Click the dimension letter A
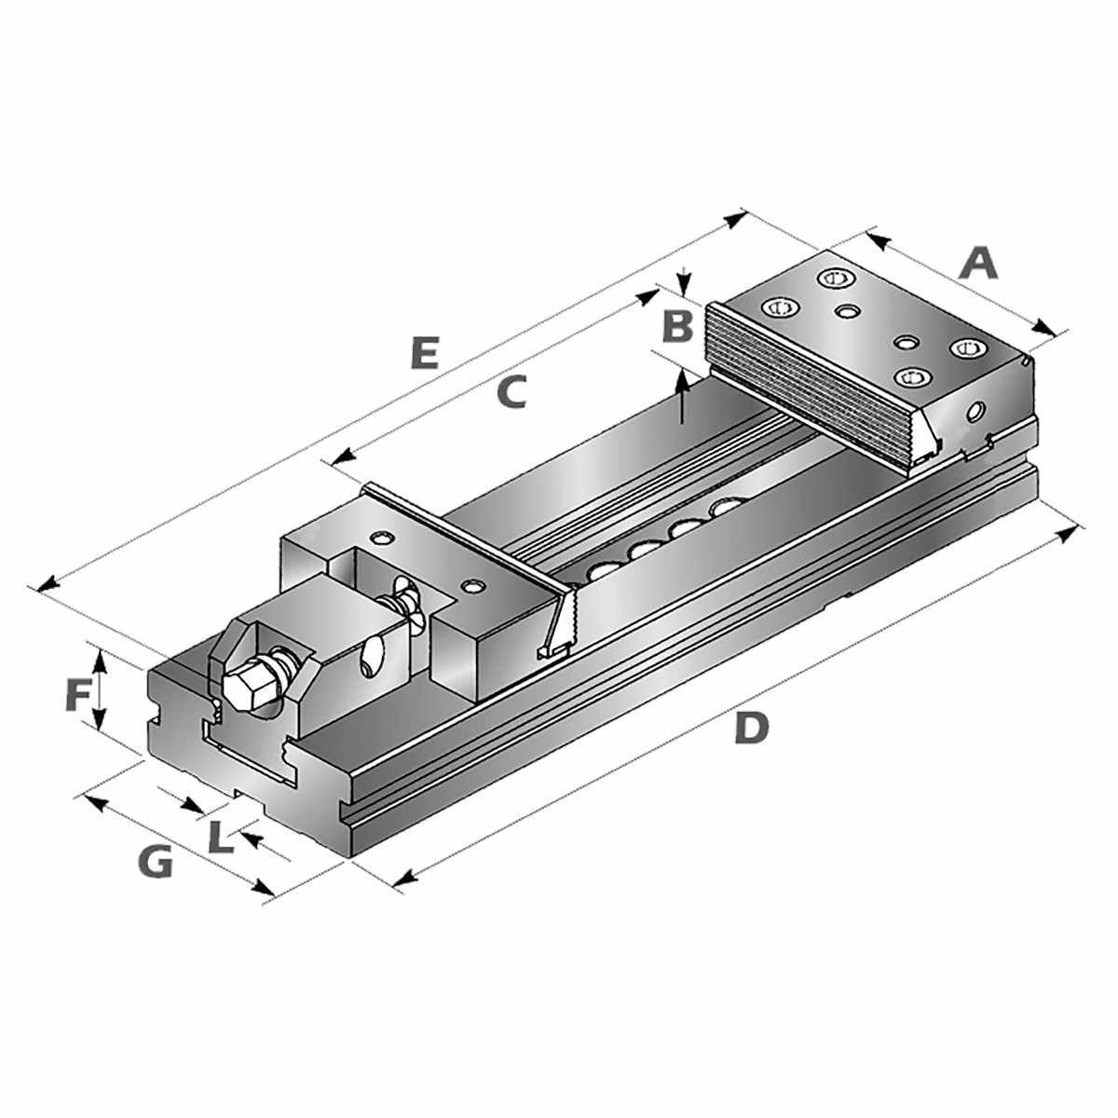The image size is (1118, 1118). pyautogui.click(x=979, y=263)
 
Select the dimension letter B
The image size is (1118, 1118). pyautogui.click(x=678, y=327)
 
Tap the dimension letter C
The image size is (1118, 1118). pyautogui.click(x=511, y=392)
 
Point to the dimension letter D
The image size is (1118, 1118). pyautogui.click(x=750, y=728)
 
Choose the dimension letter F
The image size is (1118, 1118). pyautogui.click(x=78, y=696)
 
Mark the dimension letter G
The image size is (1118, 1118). pyautogui.click(x=154, y=863)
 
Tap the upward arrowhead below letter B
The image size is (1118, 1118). pyautogui.click(x=683, y=378)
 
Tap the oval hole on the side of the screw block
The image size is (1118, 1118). pyautogui.click(x=374, y=658)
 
